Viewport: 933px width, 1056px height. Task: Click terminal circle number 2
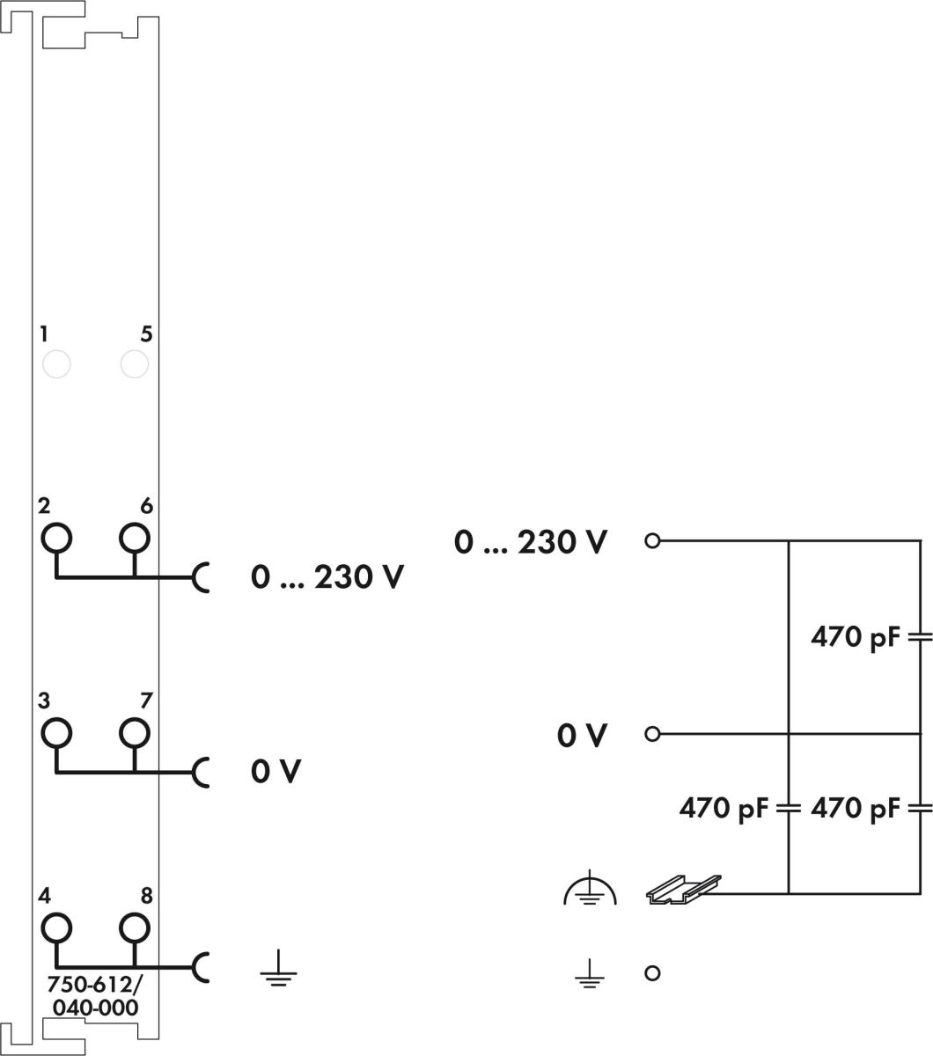56,536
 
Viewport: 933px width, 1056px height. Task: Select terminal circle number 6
134,536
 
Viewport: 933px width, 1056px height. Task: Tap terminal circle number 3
56,731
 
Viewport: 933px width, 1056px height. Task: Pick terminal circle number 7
134,731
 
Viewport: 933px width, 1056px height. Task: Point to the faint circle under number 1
56,363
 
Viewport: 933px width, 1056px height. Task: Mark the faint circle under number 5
134,363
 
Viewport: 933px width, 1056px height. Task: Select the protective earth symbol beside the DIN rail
591,892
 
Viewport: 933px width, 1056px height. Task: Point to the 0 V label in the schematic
582,735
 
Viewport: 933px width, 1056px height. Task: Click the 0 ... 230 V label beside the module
327,577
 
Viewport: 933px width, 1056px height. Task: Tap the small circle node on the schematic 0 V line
652,733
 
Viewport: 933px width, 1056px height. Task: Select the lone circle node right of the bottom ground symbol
652,972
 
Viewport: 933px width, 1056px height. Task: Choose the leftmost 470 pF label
723,807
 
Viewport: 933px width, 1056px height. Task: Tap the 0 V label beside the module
275,772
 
